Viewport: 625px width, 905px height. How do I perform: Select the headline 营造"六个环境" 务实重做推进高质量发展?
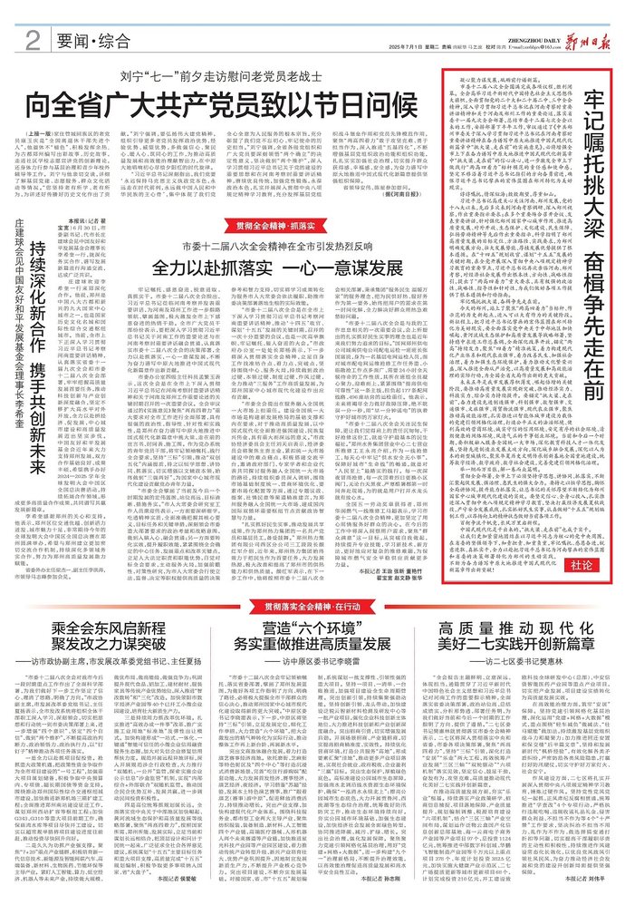coord(311,634)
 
